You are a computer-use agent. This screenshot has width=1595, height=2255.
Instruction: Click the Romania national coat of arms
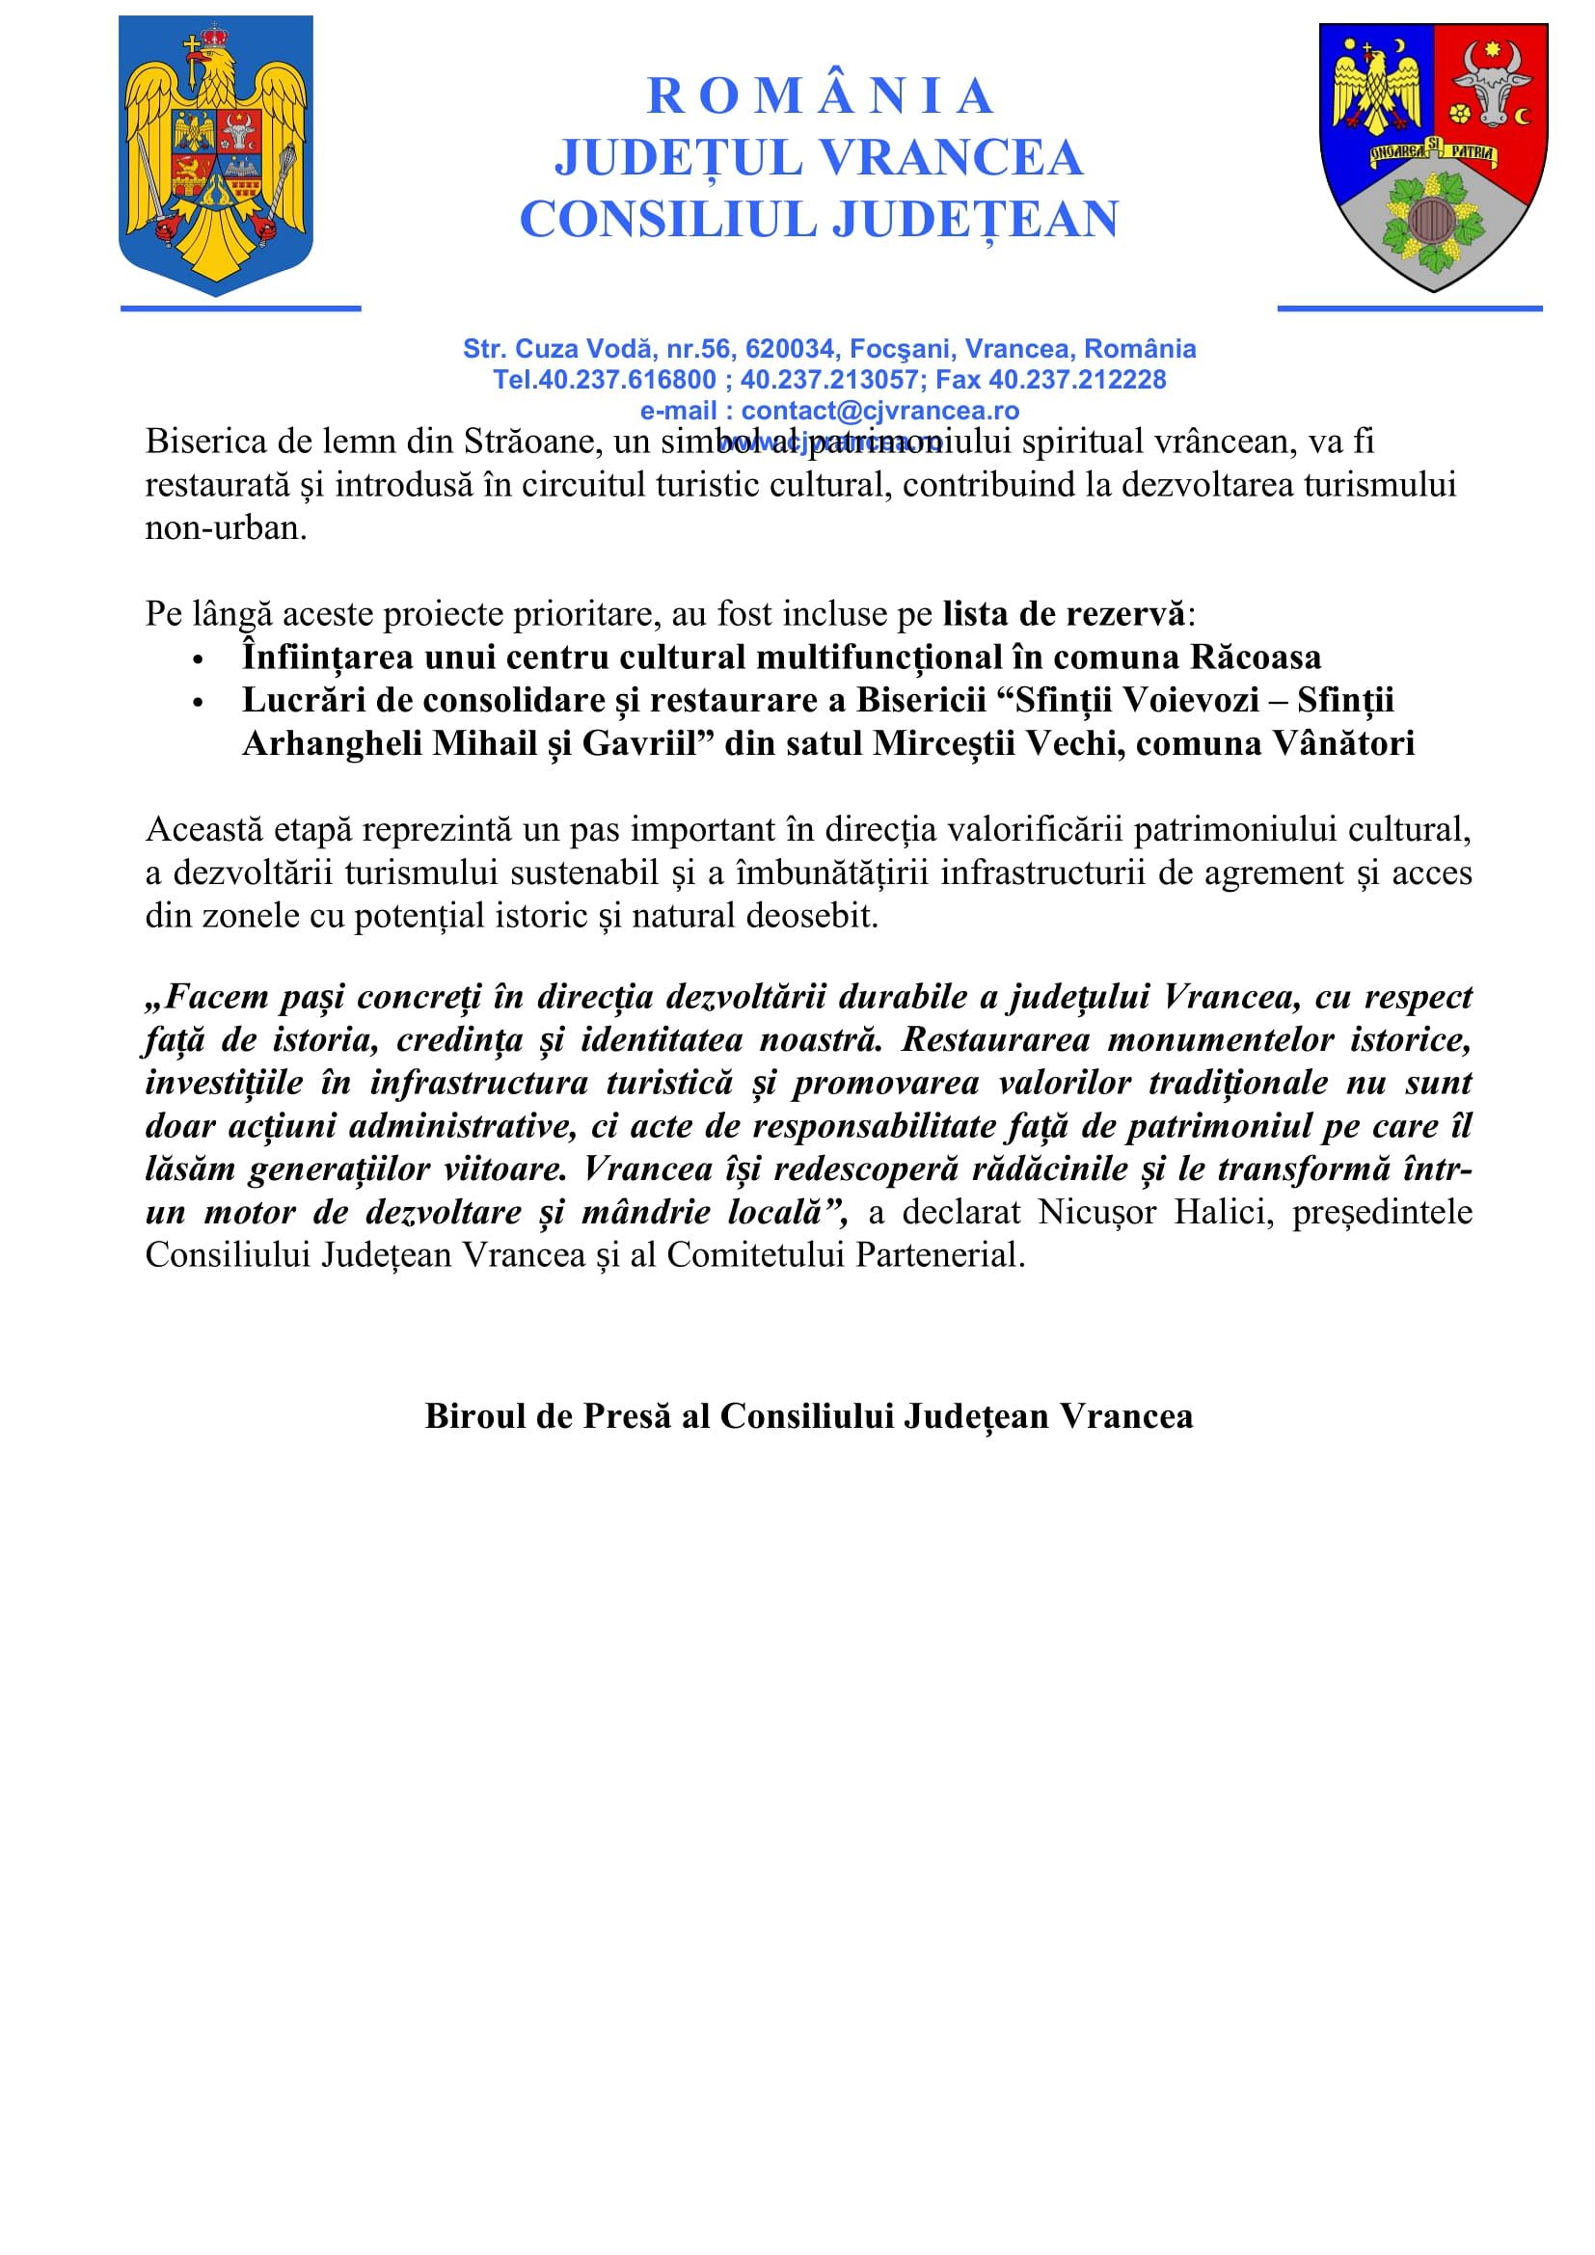[x=215, y=155]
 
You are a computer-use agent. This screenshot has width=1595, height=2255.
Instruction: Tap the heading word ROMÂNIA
[x=820, y=96]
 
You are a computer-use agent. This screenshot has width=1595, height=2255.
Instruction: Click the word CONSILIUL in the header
[x=667, y=219]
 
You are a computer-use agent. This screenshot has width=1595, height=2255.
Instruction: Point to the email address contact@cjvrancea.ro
[x=880, y=411]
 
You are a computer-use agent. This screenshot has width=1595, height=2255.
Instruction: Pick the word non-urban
[x=226, y=528]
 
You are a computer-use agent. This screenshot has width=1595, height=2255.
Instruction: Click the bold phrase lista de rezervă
[x=1064, y=614]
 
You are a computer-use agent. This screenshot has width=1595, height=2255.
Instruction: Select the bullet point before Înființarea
[x=199, y=659]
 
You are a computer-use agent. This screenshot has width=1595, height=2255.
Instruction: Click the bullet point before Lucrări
[x=199, y=702]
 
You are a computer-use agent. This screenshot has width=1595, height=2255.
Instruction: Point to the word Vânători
[x=1343, y=743]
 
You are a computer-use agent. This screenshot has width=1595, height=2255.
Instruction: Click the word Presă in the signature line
[x=629, y=1415]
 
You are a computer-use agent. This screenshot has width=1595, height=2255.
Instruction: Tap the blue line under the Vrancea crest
[x=1410, y=309]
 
